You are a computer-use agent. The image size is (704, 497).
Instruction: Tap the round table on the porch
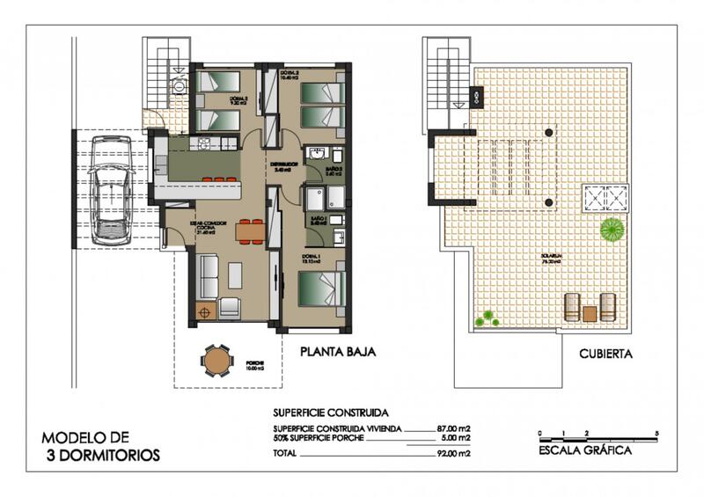(216, 360)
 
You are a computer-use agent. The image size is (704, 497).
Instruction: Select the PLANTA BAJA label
(337, 352)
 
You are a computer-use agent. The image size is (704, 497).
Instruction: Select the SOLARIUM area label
(552, 258)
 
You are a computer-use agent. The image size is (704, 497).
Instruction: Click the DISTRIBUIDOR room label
(286, 164)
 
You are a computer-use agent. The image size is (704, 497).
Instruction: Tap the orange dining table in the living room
(250, 231)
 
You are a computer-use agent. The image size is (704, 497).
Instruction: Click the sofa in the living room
(208, 276)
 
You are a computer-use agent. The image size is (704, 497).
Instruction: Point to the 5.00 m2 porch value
(456, 438)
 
